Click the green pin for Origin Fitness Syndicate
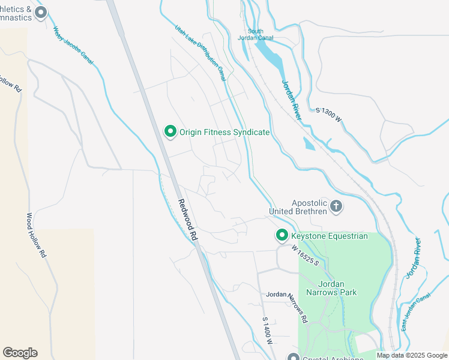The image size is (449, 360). click(x=170, y=131)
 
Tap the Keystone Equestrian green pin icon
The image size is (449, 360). click(x=281, y=236)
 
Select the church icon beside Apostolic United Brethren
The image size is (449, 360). click(x=336, y=207)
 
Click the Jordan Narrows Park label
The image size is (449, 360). click(x=330, y=287)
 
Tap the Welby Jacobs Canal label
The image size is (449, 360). click(x=74, y=45)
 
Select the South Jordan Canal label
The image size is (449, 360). click(x=260, y=35)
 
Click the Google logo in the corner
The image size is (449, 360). click(x=20, y=353)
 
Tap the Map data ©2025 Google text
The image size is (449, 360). click(x=411, y=355)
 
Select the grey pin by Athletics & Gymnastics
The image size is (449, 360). click(x=41, y=13)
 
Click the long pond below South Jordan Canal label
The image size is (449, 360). click(x=270, y=54)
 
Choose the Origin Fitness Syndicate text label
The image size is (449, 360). click(x=224, y=132)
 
